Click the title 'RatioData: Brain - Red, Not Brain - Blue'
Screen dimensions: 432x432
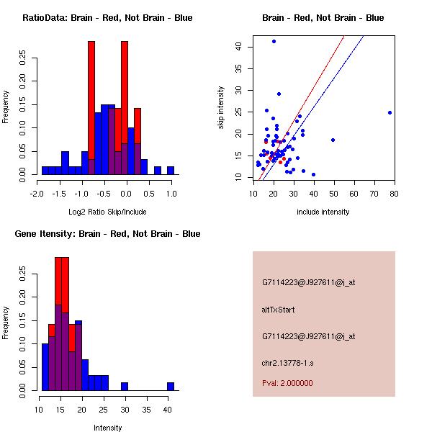coord(107,18)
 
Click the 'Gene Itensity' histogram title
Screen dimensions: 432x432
coord(107,234)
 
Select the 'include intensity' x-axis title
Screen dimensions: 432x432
coord(323,212)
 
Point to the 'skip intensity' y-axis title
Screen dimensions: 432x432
coord(222,108)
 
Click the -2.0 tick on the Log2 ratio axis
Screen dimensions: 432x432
coord(38,194)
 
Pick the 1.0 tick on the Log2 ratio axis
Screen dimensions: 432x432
coord(171,194)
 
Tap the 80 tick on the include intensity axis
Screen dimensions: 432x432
coord(394,194)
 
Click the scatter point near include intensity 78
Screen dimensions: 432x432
coord(390,112)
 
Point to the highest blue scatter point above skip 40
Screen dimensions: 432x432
coord(274,41)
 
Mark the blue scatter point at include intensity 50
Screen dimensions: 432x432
coord(333,140)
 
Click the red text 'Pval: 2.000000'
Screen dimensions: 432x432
coord(287,383)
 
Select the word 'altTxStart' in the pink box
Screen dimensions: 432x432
coord(279,310)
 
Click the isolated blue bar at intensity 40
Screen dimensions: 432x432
coord(171,387)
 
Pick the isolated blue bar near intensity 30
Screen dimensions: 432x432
coord(125,387)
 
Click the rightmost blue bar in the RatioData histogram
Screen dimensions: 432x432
coord(171,171)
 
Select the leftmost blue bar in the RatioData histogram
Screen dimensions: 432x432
coord(45,171)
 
